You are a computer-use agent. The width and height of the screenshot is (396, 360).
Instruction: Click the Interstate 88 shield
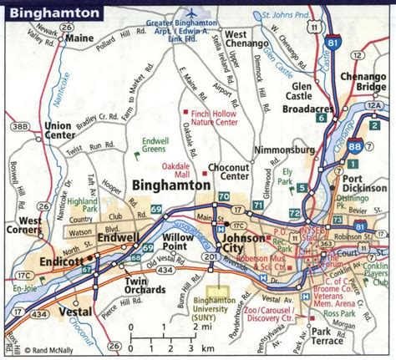point(356,147)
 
